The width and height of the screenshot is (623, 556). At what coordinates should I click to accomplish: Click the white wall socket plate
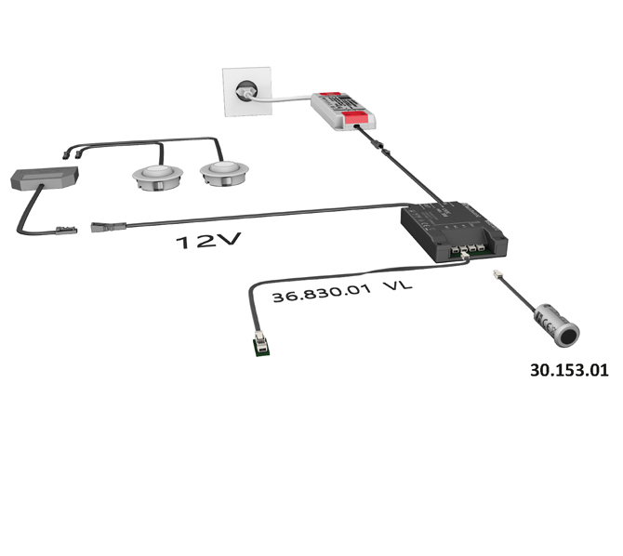247,92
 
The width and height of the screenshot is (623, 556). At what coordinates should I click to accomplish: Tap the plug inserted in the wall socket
245,92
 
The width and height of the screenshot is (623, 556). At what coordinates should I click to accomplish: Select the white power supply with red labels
343,112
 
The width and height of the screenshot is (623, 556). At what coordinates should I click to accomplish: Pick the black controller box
454,232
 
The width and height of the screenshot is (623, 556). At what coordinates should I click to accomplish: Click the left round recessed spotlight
158,178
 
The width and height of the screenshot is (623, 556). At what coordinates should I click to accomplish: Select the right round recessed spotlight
224,173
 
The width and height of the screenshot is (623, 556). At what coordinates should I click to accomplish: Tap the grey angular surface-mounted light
44,178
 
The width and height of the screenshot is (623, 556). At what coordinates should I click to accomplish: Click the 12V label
208,241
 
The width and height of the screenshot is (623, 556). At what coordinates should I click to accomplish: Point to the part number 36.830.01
322,293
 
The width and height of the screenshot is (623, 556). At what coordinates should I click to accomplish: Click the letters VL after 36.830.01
398,285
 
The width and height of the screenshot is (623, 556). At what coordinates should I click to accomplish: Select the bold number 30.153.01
569,370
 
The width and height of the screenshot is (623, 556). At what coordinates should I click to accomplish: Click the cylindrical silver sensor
557,325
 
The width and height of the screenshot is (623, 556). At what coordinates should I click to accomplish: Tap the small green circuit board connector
261,343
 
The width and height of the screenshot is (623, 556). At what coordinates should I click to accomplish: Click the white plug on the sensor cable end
497,273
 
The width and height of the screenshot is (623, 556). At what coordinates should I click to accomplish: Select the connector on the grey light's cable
66,230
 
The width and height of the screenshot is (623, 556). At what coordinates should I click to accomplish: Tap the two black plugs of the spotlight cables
73,154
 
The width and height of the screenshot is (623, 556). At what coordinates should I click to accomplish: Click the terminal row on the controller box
468,249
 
